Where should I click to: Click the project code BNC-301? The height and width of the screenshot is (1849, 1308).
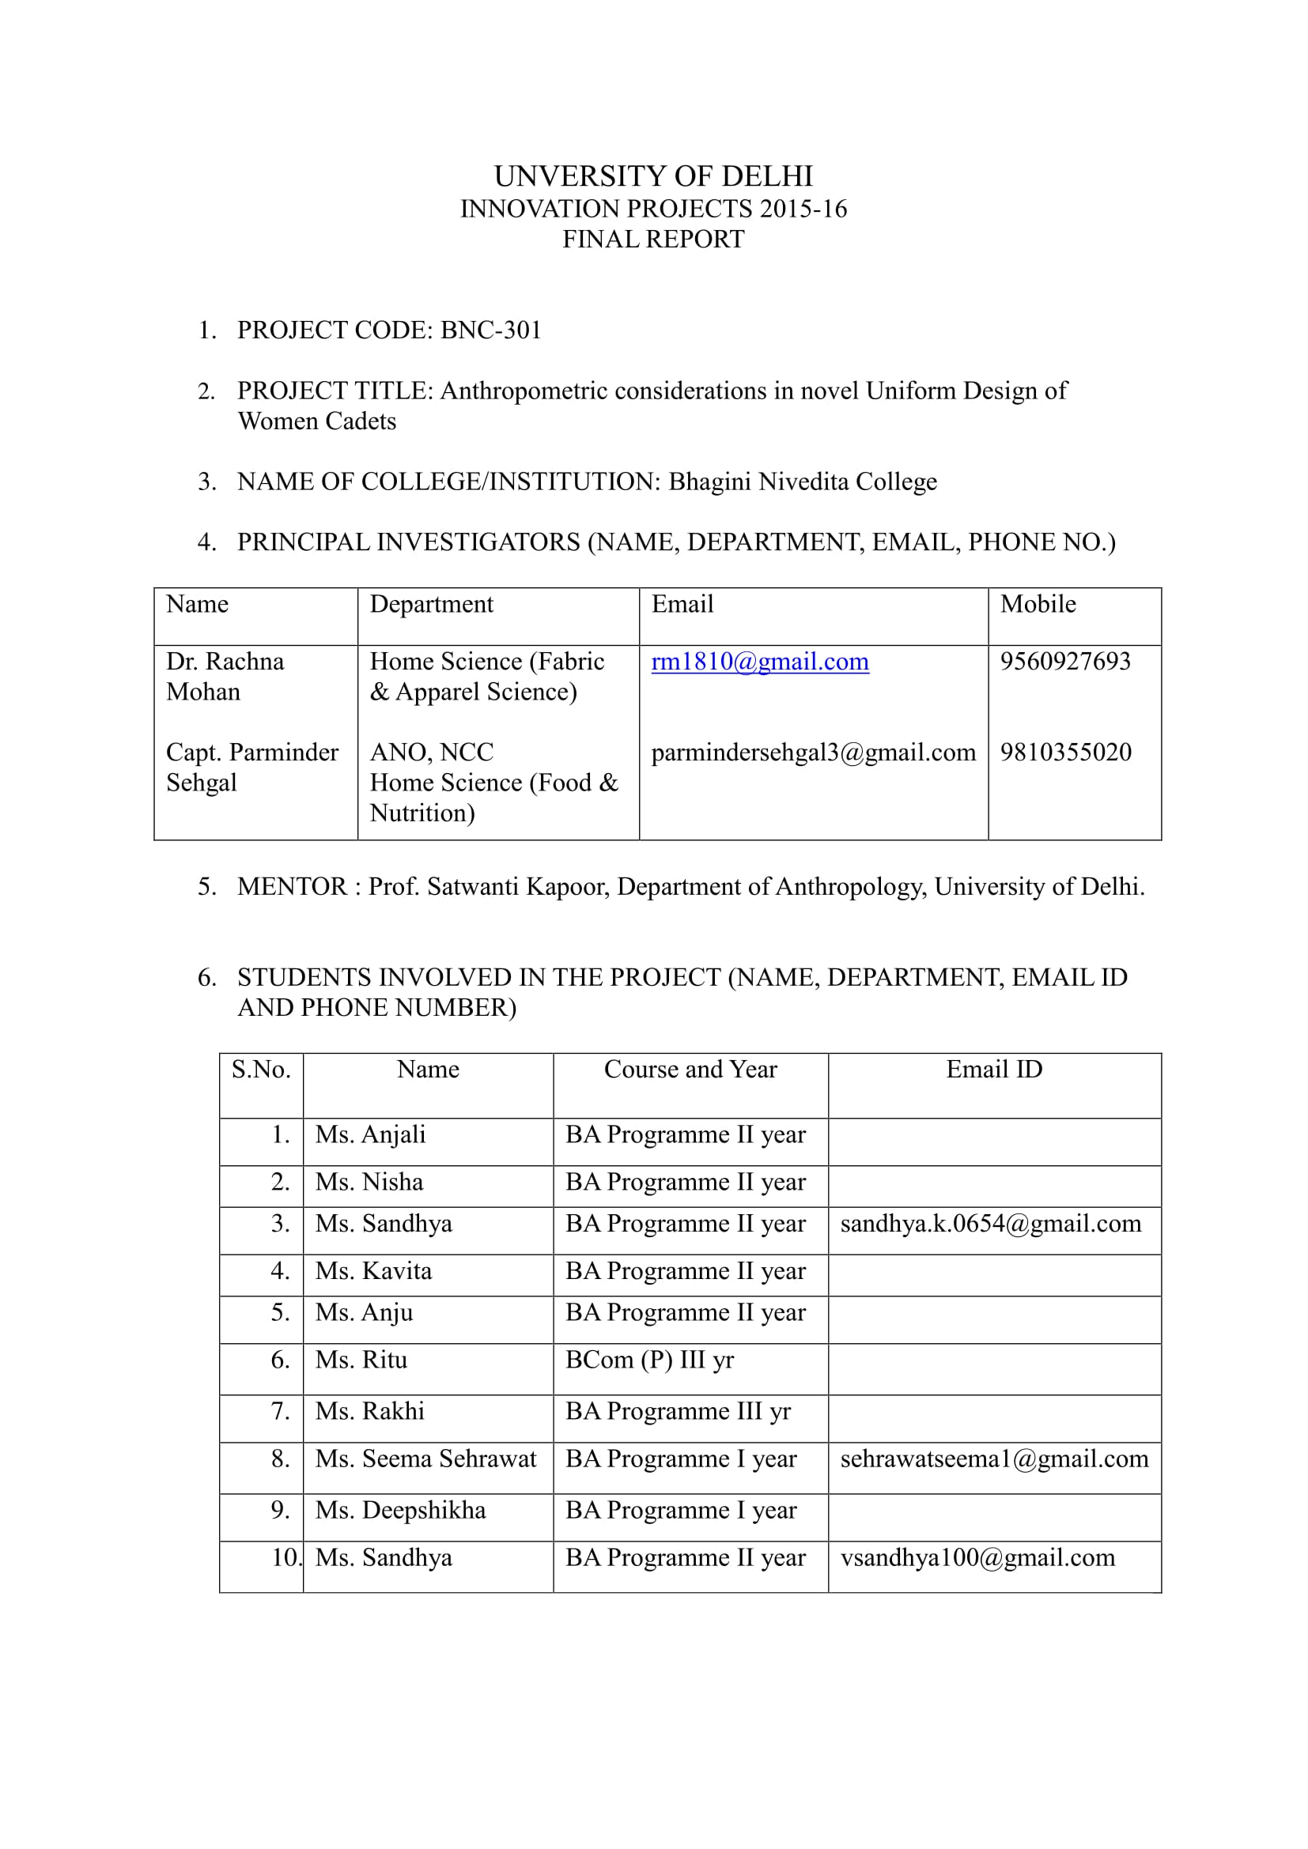tap(490, 330)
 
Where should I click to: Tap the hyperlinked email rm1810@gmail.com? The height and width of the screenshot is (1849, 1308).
tap(759, 661)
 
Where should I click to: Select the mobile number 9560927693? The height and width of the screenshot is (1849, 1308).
tap(1064, 661)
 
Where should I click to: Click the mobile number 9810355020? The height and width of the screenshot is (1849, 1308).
tap(1064, 752)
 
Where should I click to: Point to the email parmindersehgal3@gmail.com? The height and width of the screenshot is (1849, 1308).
tap(813, 752)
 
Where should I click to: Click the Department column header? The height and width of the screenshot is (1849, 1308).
tap(431, 604)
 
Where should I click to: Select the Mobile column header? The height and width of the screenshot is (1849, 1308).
tap(1038, 604)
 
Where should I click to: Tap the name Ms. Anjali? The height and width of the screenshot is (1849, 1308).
tap(370, 1134)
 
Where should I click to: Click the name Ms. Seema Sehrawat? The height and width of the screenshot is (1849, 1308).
tap(425, 1458)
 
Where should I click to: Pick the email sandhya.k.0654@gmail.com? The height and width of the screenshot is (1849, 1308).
tap(991, 1223)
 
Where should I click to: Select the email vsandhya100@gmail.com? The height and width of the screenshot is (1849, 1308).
tap(977, 1557)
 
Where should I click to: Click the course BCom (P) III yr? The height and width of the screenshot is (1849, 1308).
tap(649, 1360)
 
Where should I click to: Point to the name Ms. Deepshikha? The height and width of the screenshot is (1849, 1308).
tap(400, 1510)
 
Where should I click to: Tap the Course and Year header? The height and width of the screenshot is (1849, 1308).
tap(690, 1069)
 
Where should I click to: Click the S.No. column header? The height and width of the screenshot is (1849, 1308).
tap(261, 1069)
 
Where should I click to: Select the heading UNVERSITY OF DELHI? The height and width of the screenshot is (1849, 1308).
tap(653, 175)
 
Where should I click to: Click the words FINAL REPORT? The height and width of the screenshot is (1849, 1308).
tap(653, 240)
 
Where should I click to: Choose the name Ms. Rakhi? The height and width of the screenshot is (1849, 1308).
tap(369, 1411)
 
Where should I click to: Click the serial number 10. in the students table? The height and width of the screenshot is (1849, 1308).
tap(285, 1557)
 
